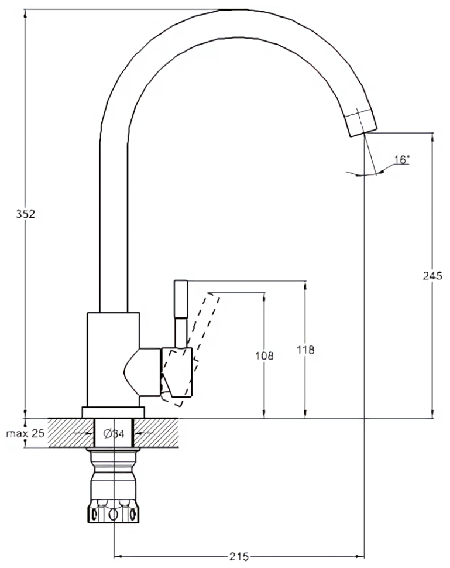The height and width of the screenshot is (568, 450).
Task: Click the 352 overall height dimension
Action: pyautogui.click(x=25, y=214)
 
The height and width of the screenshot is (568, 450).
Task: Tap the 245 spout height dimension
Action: pyautogui.click(x=432, y=276)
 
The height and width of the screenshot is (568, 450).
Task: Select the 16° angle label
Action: pyautogui.click(x=401, y=159)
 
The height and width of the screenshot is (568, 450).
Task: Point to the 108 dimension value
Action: pyautogui.click(x=264, y=355)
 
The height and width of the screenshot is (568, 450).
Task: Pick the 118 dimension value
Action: pyautogui.click(x=305, y=350)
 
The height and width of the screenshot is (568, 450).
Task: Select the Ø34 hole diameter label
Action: pyautogui.click(x=113, y=434)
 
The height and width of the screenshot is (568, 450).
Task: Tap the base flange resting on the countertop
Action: pyautogui.click(x=113, y=412)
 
